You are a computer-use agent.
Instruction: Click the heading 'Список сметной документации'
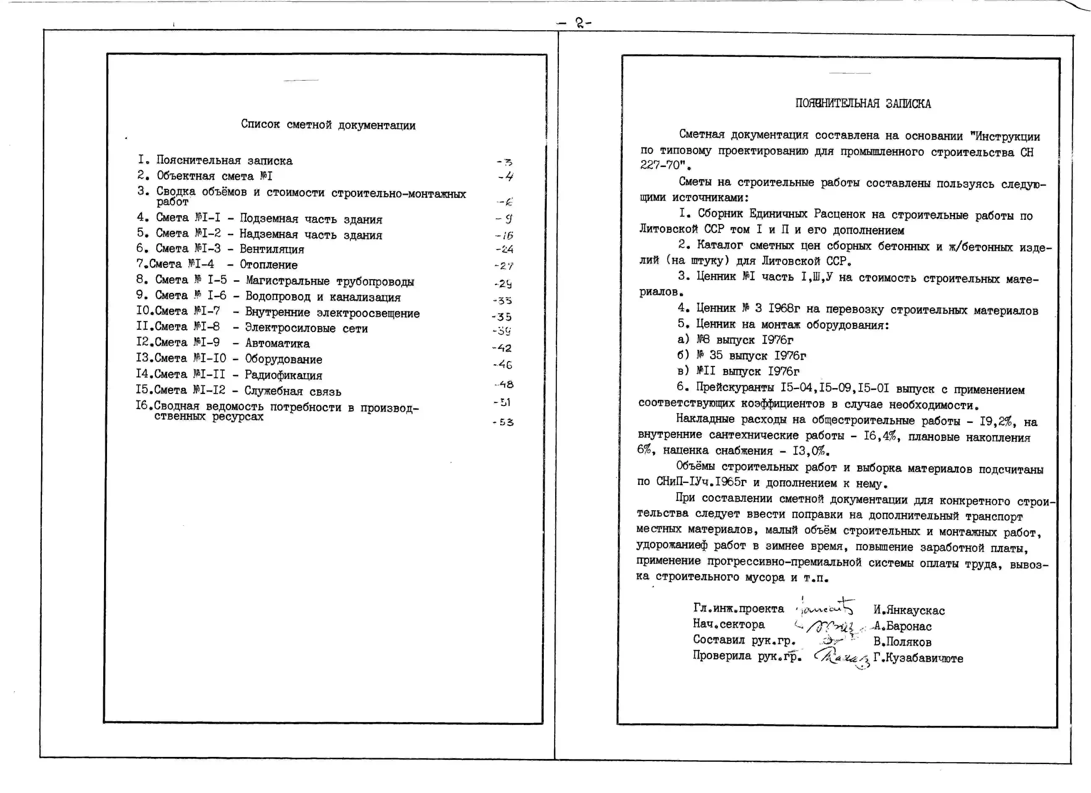click(328, 125)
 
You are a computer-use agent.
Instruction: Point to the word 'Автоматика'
click(278, 343)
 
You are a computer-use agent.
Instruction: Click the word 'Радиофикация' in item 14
click(283, 375)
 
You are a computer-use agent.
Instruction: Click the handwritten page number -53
click(503, 422)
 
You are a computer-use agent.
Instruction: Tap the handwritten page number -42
click(502, 348)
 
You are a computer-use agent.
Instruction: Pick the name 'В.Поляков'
click(902, 642)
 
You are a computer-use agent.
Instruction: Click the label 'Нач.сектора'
click(728, 624)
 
